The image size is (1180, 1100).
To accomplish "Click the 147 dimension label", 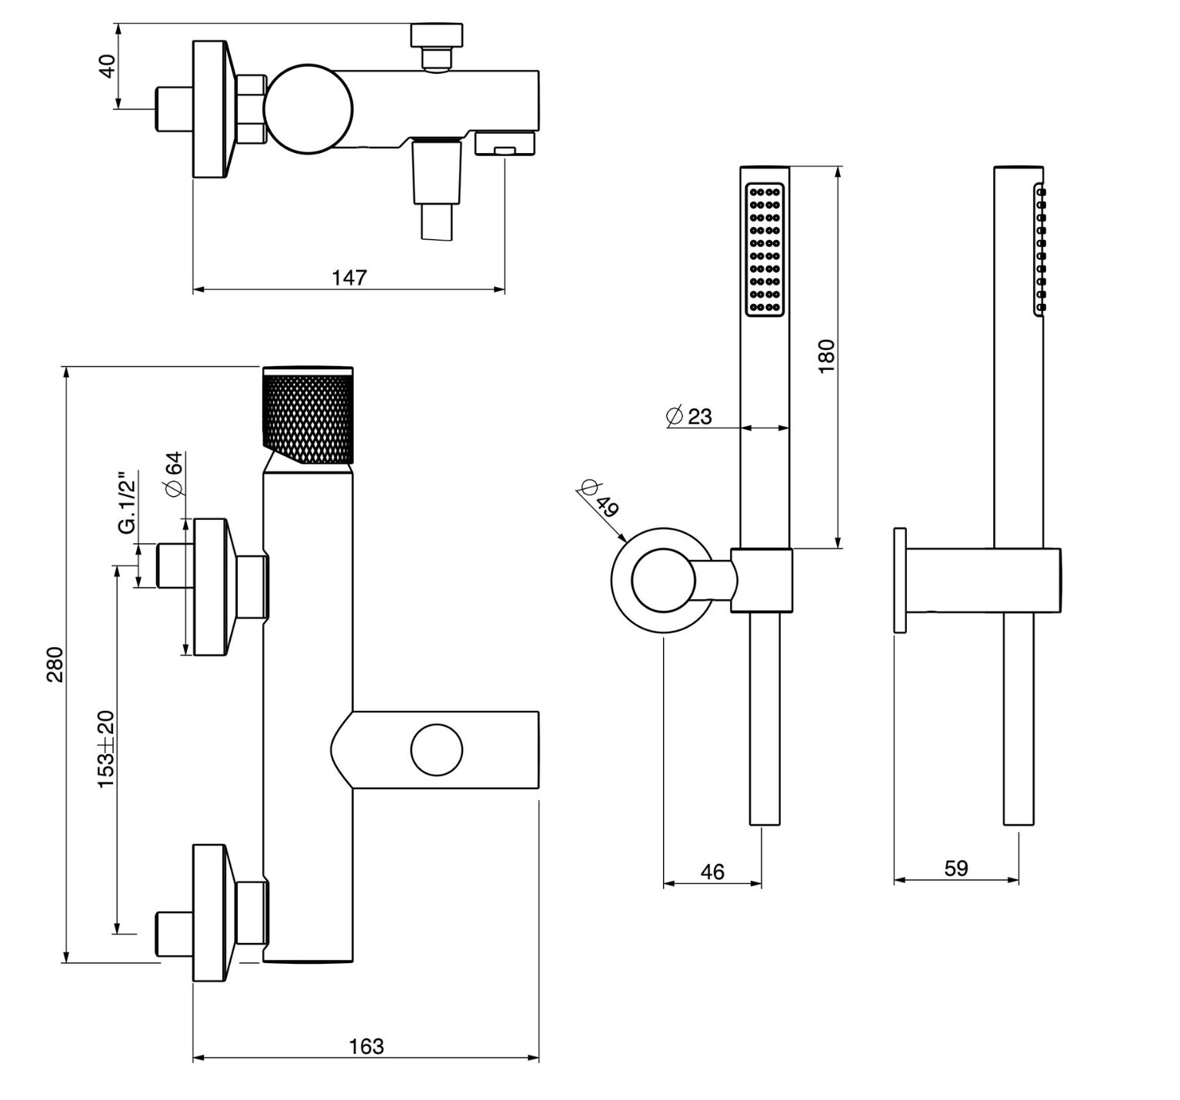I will pyautogui.click(x=349, y=277).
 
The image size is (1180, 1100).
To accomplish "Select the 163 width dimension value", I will pyautogui.click(x=366, y=1047).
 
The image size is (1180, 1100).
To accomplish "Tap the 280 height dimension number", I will pyautogui.click(x=55, y=664).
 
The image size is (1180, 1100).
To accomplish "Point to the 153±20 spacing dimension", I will pyautogui.click(x=105, y=748).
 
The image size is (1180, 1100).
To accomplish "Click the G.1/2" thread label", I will pyautogui.click(x=126, y=504).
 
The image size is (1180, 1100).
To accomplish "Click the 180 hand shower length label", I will pyautogui.click(x=826, y=356).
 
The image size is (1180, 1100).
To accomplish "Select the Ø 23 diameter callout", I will pyautogui.click(x=689, y=416).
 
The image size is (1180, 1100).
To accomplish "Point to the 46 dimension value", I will pyautogui.click(x=712, y=872).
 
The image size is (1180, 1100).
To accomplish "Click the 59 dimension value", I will pyautogui.click(x=955, y=868).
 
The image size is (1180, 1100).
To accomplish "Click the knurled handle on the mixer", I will pyautogui.click(x=308, y=416).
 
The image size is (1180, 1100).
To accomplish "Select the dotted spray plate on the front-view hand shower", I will pyautogui.click(x=765, y=249).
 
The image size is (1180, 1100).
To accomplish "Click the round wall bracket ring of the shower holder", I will pyautogui.click(x=660, y=582).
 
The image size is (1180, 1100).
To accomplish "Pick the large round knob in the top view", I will pyautogui.click(x=308, y=109).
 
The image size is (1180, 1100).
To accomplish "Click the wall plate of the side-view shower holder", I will pyautogui.click(x=899, y=580).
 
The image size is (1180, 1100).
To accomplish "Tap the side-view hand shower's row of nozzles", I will pyautogui.click(x=1040, y=249).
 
